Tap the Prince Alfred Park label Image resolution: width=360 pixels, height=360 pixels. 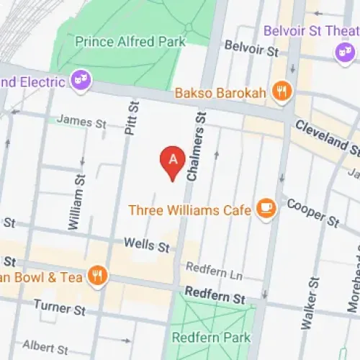click(x=130, y=42)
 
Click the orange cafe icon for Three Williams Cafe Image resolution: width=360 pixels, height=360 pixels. click(x=266, y=210)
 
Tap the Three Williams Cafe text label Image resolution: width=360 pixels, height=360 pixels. click(x=190, y=210)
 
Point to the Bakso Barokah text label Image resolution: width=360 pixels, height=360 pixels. click(x=222, y=92)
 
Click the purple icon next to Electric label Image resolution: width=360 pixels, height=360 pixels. click(x=81, y=81)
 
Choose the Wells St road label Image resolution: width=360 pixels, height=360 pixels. click(x=147, y=246)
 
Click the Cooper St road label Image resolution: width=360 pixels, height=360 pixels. click(x=312, y=212)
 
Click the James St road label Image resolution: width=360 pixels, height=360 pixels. click(x=81, y=121)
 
